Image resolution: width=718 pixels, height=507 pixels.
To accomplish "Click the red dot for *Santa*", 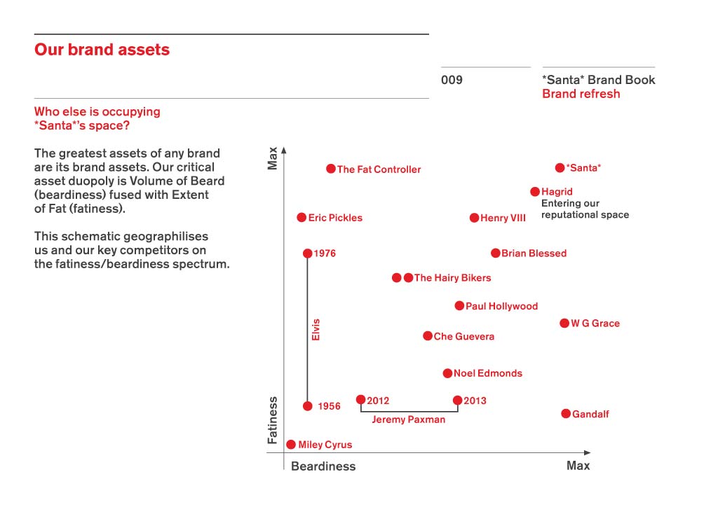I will (560, 168).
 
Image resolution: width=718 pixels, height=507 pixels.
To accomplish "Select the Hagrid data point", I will (535, 191).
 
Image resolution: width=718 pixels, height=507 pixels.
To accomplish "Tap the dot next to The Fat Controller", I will (331, 169).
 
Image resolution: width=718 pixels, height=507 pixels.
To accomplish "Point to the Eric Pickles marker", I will (302, 218).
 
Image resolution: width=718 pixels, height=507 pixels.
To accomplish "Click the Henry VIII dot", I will (474, 218).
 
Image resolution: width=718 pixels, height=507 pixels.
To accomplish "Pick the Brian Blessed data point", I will (496, 253).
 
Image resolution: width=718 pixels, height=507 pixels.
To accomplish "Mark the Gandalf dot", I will (566, 414).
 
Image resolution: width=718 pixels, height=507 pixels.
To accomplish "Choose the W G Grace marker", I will (564, 323).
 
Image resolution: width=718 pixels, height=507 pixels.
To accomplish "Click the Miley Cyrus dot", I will (291, 444).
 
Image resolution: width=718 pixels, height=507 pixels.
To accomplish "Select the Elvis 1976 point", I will (307, 253).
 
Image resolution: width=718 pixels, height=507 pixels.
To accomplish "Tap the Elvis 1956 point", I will (307, 406).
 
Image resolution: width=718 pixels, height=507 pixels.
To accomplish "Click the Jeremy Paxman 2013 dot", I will (457, 401).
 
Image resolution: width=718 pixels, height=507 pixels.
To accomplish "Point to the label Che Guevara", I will (463, 337).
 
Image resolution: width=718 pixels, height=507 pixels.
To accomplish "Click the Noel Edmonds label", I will (487, 374).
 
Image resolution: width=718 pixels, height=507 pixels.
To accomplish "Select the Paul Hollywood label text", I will (501, 307).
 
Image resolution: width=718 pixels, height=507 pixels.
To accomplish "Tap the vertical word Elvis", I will (316, 329).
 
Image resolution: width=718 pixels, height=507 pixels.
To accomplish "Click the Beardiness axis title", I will (323, 466).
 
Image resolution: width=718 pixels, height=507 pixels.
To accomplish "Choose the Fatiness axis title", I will (273, 420).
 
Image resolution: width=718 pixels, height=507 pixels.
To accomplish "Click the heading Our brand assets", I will (102, 50).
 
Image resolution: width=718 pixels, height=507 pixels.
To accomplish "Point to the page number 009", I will (452, 80).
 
